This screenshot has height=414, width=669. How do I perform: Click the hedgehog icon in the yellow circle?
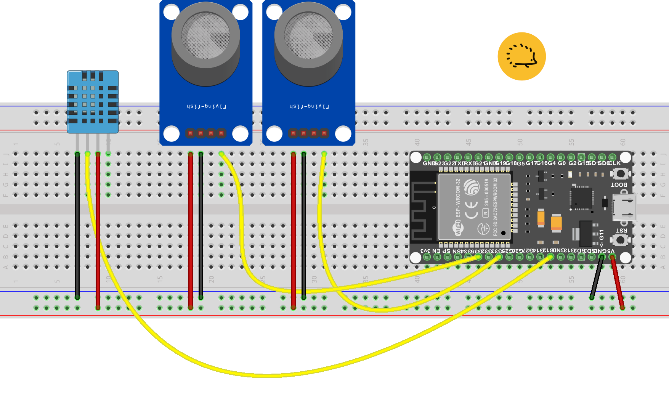pos(521,56)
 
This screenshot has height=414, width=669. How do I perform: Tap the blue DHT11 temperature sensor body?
pos(93,102)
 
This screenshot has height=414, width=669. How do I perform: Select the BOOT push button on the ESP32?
pos(620,174)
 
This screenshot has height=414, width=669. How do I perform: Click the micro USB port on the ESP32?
pos(624,207)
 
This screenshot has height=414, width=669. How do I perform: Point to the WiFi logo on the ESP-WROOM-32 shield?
pos(458,228)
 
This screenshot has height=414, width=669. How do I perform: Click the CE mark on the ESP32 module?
pos(472,210)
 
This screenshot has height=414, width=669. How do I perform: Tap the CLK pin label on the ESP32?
pos(614,163)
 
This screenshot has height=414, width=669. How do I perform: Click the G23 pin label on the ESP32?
pos(439,163)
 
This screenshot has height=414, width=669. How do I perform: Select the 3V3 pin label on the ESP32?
pos(425,251)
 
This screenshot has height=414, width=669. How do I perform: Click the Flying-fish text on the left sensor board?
pos(206,106)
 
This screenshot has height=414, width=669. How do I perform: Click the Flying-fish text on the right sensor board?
pos(309,106)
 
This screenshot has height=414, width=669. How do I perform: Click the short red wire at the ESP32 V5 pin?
pos(617,282)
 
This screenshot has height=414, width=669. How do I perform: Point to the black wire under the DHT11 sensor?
pos(77,225)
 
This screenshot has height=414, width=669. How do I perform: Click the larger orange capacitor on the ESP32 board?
pos(556,223)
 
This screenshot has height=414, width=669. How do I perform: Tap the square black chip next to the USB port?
pos(582,197)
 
